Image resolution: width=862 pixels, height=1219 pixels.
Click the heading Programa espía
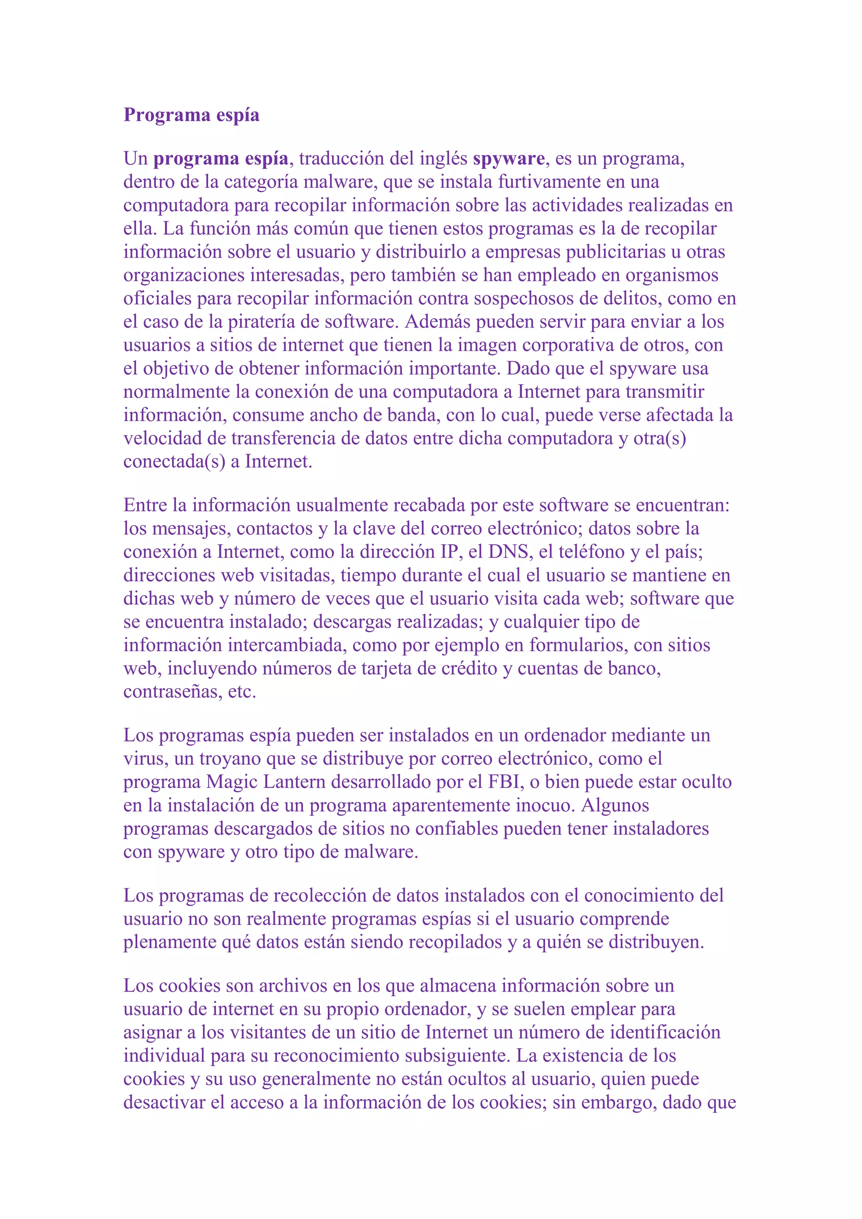click(191, 115)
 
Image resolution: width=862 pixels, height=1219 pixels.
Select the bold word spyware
click(508, 159)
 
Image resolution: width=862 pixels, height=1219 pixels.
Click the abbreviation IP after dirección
click(449, 552)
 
